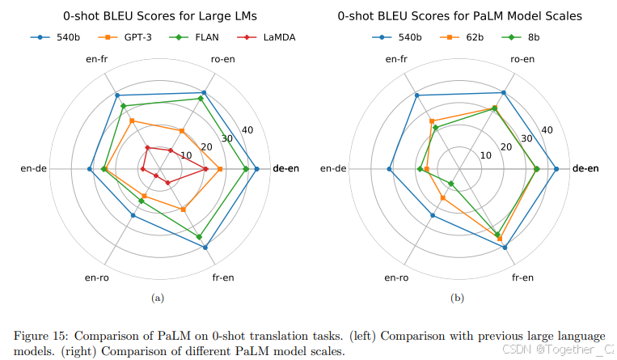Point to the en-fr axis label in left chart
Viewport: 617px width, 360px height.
pos(97,59)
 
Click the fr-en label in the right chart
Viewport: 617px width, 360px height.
pos(522,278)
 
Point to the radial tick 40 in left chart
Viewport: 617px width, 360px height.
pos(247,130)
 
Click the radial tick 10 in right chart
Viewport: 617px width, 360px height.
pos(486,155)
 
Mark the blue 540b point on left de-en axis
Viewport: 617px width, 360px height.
pos(256,169)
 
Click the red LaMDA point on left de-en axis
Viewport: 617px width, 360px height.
pos(205,169)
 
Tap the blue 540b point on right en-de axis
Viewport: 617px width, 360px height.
pos(390,169)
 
